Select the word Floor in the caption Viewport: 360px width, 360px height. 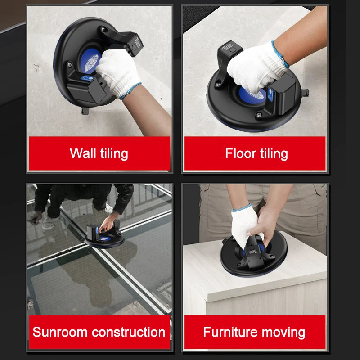240,153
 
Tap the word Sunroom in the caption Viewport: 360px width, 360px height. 59,333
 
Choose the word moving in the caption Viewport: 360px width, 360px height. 285,333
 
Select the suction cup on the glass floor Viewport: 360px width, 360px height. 104,237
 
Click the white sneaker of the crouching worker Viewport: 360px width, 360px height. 48,224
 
